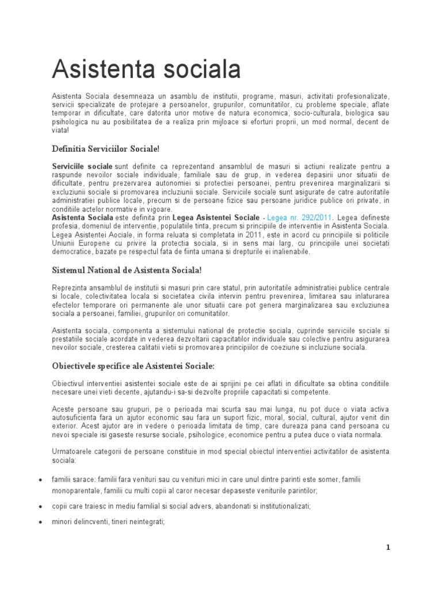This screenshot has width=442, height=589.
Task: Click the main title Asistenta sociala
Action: pyautogui.click(x=146, y=70)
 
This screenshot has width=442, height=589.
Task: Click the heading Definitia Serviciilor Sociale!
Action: pyautogui.click(x=105, y=149)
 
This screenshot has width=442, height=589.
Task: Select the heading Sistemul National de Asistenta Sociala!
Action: pyautogui.click(x=127, y=270)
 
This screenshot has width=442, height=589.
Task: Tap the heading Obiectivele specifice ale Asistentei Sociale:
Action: pyautogui.click(x=133, y=366)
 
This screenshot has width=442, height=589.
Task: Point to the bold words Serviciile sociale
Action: pyautogui.click(x=82, y=166)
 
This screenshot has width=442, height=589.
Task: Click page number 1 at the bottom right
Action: pyautogui.click(x=388, y=548)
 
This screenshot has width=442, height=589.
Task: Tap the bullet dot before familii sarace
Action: pyautogui.click(x=39, y=480)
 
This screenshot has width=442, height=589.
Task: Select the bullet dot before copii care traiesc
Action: pyautogui.click(x=39, y=507)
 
